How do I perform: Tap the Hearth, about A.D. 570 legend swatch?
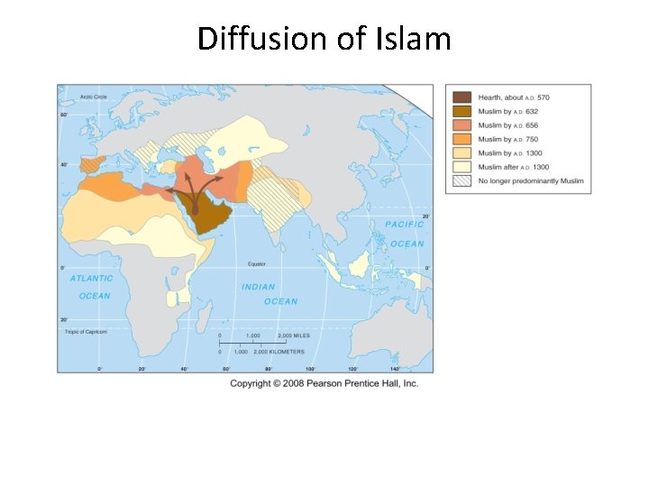(x=462, y=97)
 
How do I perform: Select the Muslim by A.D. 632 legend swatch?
(x=462, y=111)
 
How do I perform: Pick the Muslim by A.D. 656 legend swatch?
(x=462, y=125)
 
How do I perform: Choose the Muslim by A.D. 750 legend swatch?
(x=462, y=139)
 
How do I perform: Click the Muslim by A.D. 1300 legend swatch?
(x=462, y=153)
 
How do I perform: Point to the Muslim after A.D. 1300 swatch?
(x=462, y=167)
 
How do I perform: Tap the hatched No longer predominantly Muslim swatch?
(x=462, y=181)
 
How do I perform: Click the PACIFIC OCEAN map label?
(x=406, y=234)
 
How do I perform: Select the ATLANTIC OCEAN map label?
(x=93, y=287)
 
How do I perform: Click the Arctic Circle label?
(x=94, y=96)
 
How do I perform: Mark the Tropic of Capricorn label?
(x=86, y=332)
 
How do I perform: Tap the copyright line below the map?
(x=324, y=383)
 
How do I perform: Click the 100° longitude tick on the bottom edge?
(x=310, y=369)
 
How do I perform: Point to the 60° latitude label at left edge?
(x=63, y=115)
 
